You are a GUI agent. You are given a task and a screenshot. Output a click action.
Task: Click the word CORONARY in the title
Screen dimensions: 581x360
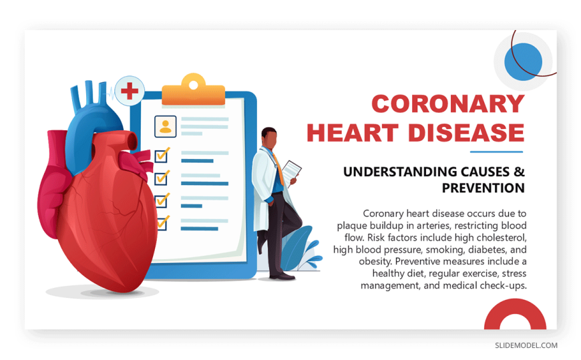tap(448, 104)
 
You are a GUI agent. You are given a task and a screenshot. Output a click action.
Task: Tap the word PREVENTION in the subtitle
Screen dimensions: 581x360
tap(483, 188)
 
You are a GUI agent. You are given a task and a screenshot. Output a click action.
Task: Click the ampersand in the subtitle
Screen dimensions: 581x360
tap(520, 172)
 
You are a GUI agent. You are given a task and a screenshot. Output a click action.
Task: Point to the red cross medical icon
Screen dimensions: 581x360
tap(130, 91)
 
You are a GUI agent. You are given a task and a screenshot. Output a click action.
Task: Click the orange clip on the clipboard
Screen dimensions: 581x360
tap(193, 90)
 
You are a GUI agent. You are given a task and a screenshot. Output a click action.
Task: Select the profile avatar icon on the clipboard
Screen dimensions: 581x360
tap(165, 126)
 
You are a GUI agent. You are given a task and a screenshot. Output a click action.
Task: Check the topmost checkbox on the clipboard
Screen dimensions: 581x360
tap(162, 156)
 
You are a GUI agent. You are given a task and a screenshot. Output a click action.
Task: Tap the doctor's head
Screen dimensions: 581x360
tap(269, 138)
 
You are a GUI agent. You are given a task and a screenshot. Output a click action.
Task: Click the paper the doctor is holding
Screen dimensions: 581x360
tap(292, 171)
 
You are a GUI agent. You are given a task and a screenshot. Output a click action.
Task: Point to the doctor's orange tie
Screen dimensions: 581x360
tap(278, 169)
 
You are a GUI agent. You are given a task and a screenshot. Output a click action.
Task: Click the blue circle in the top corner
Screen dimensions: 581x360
tap(523, 62)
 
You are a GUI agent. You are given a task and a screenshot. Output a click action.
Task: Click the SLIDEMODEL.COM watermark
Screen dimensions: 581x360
tap(526, 345)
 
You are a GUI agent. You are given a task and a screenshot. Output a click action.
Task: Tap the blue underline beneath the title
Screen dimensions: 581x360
tap(496, 152)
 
